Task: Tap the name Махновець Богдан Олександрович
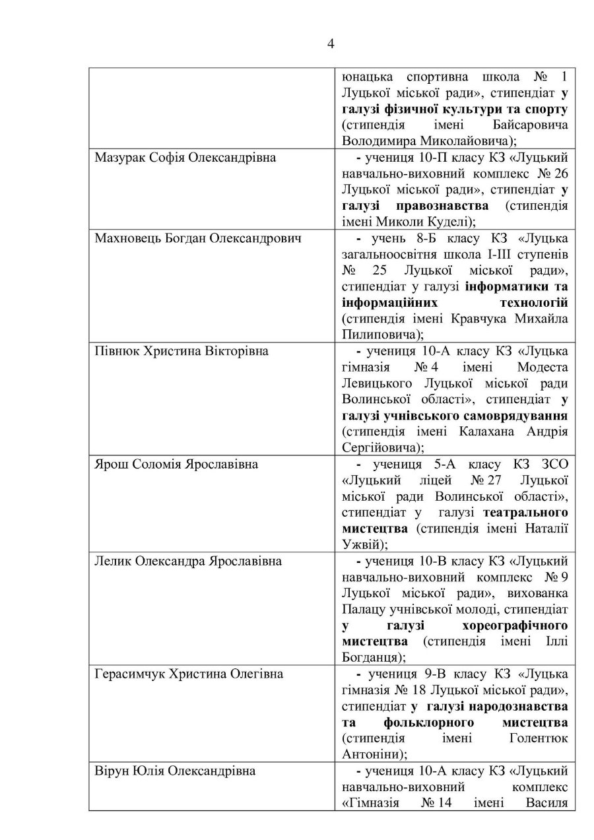coord(199,238)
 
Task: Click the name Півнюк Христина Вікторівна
coord(182,351)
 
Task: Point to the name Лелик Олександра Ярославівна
coord(189,561)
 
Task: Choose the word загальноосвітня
coord(388,255)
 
